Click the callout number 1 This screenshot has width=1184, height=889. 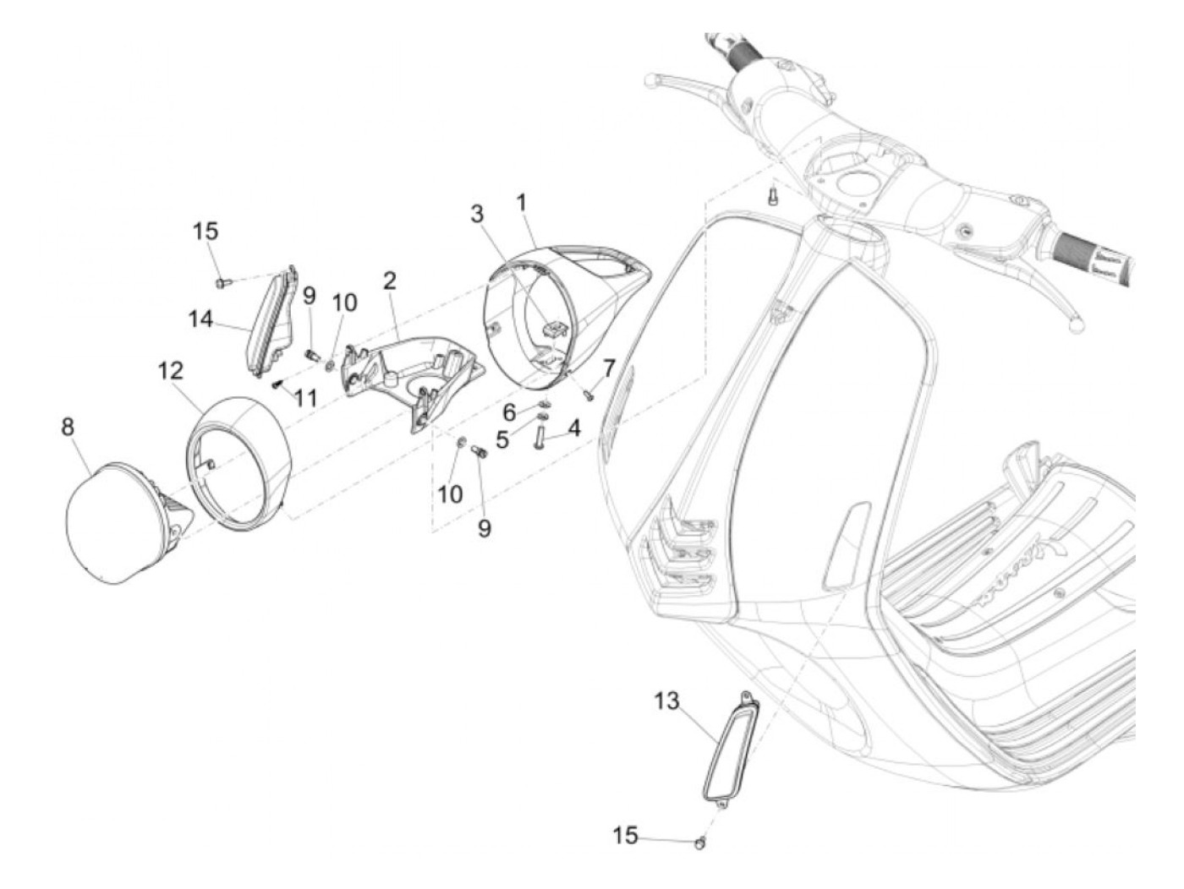(x=522, y=203)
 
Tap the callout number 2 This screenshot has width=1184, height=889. (x=389, y=281)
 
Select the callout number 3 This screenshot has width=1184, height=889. (x=478, y=214)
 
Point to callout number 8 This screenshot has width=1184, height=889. (x=68, y=427)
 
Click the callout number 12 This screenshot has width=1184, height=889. (x=170, y=370)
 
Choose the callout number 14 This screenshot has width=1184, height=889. (x=200, y=319)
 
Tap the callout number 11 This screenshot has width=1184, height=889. (x=306, y=397)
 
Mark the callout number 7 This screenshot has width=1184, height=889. (x=608, y=368)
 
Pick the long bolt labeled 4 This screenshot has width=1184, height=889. (x=538, y=439)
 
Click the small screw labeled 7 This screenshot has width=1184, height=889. (x=589, y=391)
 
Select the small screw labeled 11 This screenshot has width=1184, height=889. (x=277, y=385)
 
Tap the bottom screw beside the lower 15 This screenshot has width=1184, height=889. (x=700, y=843)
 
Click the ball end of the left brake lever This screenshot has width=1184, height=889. (x=649, y=82)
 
